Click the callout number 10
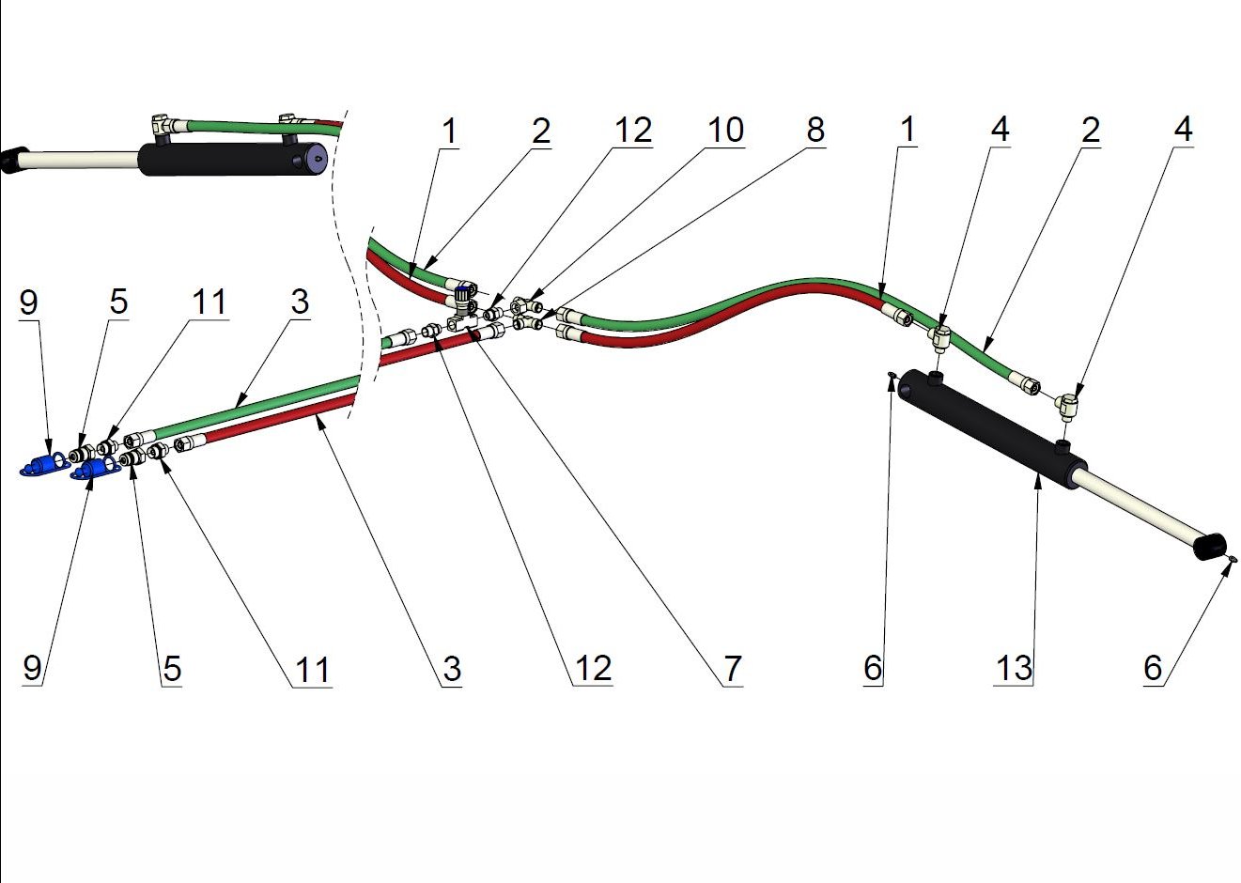pyautogui.click(x=725, y=130)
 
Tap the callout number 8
pyautogui.click(x=815, y=130)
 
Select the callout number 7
pyautogui.click(x=733, y=669)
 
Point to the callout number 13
pyautogui.click(x=1014, y=669)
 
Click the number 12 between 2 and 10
pyautogui.click(x=633, y=130)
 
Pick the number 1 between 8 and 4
pyautogui.click(x=907, y=130)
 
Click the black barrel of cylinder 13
pyautogui.click(x=986, y=427)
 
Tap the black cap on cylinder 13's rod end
pyautogui.click(x=1211, y=547)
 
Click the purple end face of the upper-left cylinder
pyautogui.click(x=315, y=160)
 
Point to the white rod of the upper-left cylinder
pyautogui.click(x=80, y=160)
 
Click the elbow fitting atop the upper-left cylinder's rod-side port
pyautogui.click(x=163, y=124)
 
